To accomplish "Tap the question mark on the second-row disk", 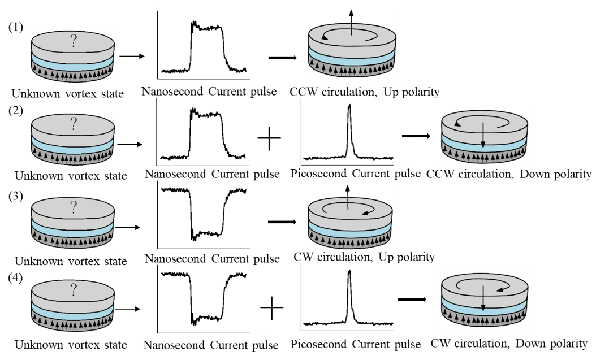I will pyautogui.click(x=73, y=125).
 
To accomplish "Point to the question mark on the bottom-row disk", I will pyautogui.click(x=73, y=290).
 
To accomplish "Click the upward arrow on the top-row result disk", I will pyautogui.click(x=352, y=21).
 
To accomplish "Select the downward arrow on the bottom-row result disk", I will pyautogui.click(x=483, y=300).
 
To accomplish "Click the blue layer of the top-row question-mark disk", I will pyautogui.click(x=73, y=61).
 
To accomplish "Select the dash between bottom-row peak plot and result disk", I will pyautogui.click(x=405, y=299).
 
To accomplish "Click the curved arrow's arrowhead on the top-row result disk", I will pyautogui.click(x=324, y=37).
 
